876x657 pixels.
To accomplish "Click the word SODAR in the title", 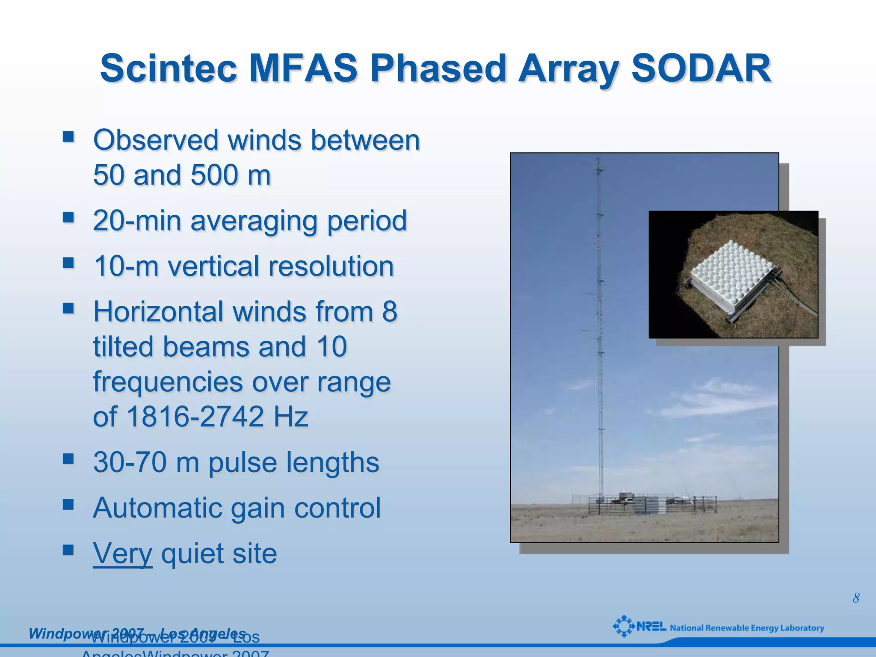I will [x=701, y=68].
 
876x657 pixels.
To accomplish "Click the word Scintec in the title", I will [x=169, y=68].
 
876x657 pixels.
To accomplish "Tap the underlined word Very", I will [x=122, y=553].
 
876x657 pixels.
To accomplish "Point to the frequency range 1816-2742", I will [x=195, y=417].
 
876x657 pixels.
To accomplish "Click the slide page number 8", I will [x=855, y=598].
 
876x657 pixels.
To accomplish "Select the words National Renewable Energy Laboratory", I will [x=746, y=628].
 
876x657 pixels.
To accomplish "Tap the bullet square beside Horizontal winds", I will [x=68, y=308].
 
